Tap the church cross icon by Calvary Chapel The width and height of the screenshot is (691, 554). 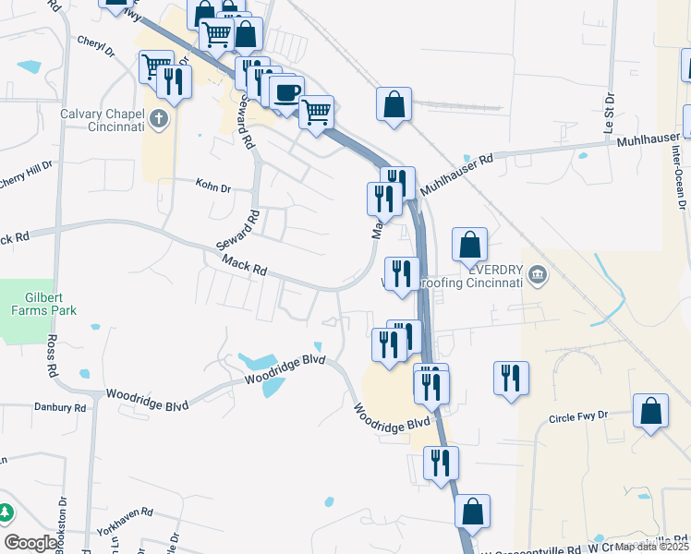click(160, 118)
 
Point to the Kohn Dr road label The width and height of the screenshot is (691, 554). click(212, 187)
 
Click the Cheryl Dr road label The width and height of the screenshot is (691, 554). click(94, 42)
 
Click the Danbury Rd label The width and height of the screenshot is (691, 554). click(59, 407)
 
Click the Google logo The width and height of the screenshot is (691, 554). click(30, 543)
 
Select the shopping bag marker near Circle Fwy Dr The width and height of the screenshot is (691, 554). click(651, 411)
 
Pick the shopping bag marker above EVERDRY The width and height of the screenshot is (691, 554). click(469, 245)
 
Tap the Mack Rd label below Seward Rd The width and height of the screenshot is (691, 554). click(246, 266)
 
